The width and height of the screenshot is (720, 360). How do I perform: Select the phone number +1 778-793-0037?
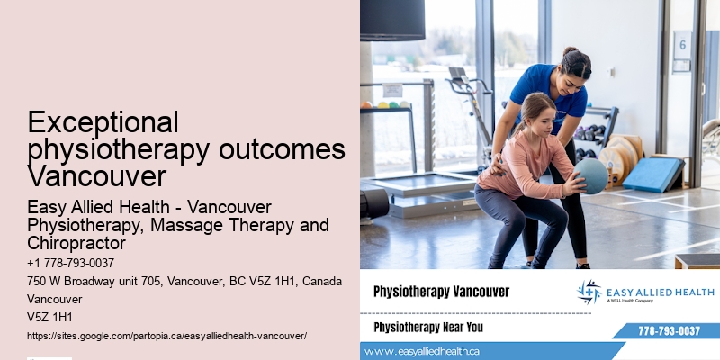[x=71, y=263]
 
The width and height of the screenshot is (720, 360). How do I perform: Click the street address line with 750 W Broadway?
[x=184, y=281]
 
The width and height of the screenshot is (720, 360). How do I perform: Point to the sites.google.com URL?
[x=167, y=335]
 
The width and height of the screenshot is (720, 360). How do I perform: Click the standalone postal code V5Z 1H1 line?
[x=50, y=317]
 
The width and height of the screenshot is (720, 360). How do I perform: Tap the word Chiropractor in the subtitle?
[x=76, y=243]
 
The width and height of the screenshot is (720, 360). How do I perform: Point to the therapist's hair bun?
[x=570, y=52]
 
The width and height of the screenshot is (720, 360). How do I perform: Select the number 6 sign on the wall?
[x=682, y=43]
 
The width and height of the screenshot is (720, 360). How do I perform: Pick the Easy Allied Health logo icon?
[x=589, y=292]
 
